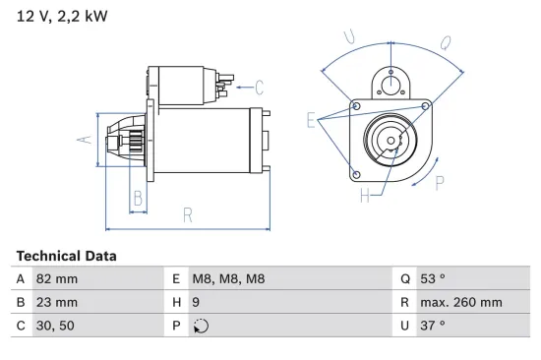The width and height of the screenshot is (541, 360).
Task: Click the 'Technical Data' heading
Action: point(66,256)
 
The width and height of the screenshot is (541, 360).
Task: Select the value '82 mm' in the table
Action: point(56,279)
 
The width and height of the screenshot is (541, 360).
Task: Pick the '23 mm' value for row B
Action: point(56,302)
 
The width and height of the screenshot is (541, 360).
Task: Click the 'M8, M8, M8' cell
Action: point(227,279)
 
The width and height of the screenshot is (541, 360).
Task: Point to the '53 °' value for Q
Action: point(433,279)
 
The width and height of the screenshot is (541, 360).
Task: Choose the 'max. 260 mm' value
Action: point(460,302)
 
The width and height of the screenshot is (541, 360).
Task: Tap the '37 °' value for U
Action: point(433,325)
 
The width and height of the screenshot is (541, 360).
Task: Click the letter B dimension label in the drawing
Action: point(138,199)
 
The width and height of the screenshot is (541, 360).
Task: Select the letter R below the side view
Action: point(187,215)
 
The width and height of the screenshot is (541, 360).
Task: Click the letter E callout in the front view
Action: point(311,121)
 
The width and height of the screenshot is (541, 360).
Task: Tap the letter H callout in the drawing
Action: point(365,195)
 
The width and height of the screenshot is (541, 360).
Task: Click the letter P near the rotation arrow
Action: point(440,182)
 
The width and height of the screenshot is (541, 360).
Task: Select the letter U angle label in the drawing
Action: point(349,37)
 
